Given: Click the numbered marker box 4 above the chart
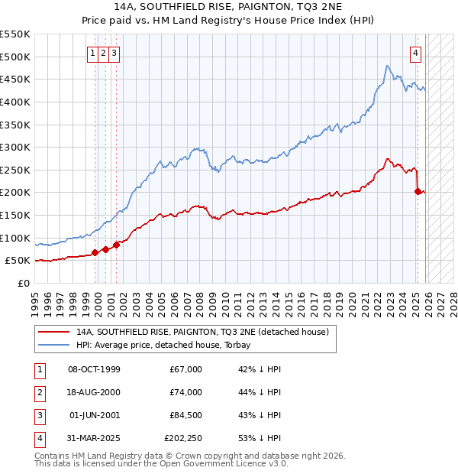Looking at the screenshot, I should tap(415, 54).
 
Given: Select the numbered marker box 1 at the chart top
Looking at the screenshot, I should tap(92, 54).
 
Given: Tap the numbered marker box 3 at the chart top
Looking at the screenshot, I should tap(114, 54).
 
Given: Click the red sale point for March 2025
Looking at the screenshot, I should tap(418, 191).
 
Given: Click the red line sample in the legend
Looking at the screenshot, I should tap(53, 332).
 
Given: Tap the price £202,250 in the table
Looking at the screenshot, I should tap(183, 438).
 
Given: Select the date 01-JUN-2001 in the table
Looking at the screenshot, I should tap(94, 415).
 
